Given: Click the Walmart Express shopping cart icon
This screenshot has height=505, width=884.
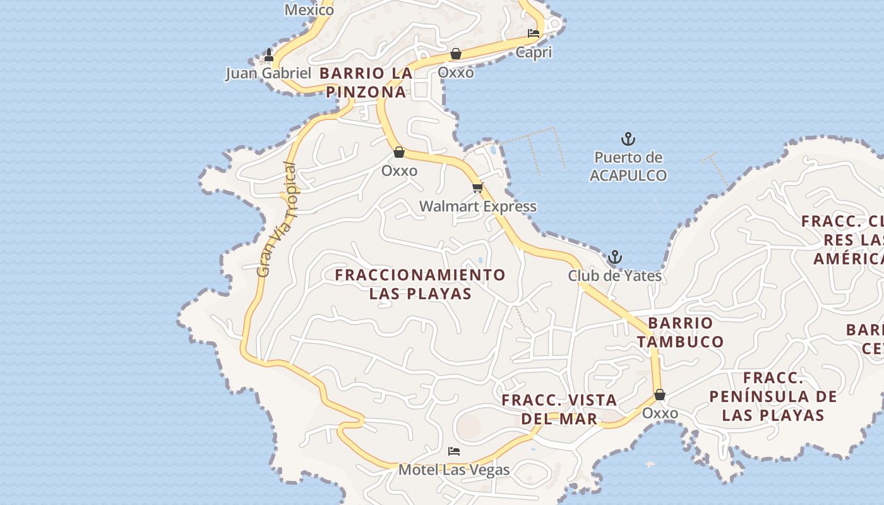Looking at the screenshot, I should click(x=478, y=187).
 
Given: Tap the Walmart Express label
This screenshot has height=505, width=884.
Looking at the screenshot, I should click(x=478, y=206).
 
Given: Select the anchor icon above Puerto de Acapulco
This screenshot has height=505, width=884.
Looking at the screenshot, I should click(x=628, y=139).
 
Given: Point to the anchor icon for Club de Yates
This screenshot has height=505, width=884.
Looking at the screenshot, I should click(x=614, y=257).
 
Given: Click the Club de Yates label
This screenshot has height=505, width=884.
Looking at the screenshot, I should click(x=614, y=276).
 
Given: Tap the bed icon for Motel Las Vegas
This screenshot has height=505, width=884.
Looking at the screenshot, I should click(x=453, y=451).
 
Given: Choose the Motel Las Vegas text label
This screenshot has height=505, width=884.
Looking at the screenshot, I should click(x=453, y=470).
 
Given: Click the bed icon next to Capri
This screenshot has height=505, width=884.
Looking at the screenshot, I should click(x=534, y=33).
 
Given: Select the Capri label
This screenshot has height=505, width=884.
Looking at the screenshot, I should click(x=534, y=52).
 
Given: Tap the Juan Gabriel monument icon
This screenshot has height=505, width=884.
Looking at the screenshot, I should click(x=269, y=55).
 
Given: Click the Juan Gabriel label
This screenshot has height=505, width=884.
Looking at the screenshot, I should click(x=268, y=73).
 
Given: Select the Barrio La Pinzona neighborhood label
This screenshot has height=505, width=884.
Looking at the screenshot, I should click(x=366, y=83).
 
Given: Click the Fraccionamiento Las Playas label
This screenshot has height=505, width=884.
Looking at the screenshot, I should click(x=420, y=284).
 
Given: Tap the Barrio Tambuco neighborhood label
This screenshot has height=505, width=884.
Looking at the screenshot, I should click(x=680, y=332).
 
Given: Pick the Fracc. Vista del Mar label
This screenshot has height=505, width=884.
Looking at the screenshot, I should click(x=559, y=409).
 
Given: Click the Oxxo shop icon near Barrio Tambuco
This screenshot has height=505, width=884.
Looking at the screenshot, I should click(x=660, y=395).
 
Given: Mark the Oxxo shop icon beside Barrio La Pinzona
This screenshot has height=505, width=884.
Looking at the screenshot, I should click(x=456, y=54).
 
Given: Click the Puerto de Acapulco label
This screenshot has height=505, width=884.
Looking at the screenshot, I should click(x=628, y=167).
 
